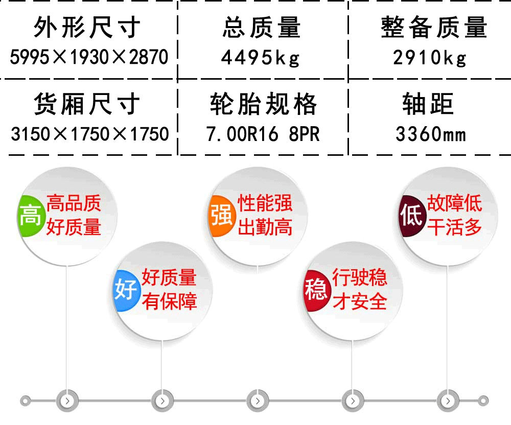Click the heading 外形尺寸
click(x=87, y=28)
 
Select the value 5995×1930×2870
click(x=89, y=57)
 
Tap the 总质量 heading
click(x=261, y=28)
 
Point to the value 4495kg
click(x=260, y=58)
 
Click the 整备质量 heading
click(x=434, y=28)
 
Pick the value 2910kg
click(x=430, y=58)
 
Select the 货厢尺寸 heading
click(x=87, y=104)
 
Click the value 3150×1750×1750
click(x=89, y=134)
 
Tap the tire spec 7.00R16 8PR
click(x=263, y=134)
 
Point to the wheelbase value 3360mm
click(x=430, y=134)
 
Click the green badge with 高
click(x=30, y=215)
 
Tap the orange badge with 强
click(x=222, y=215)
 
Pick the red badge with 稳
click(x=315, y=290)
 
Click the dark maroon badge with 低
click(x=411, y=216)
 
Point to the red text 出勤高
click(x=265, y=227)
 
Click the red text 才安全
click(x=360, y=301)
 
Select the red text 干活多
click(x=455, y=227)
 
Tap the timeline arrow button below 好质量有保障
click(x=162, y=400)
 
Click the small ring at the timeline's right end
click(x=483, y=400)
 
